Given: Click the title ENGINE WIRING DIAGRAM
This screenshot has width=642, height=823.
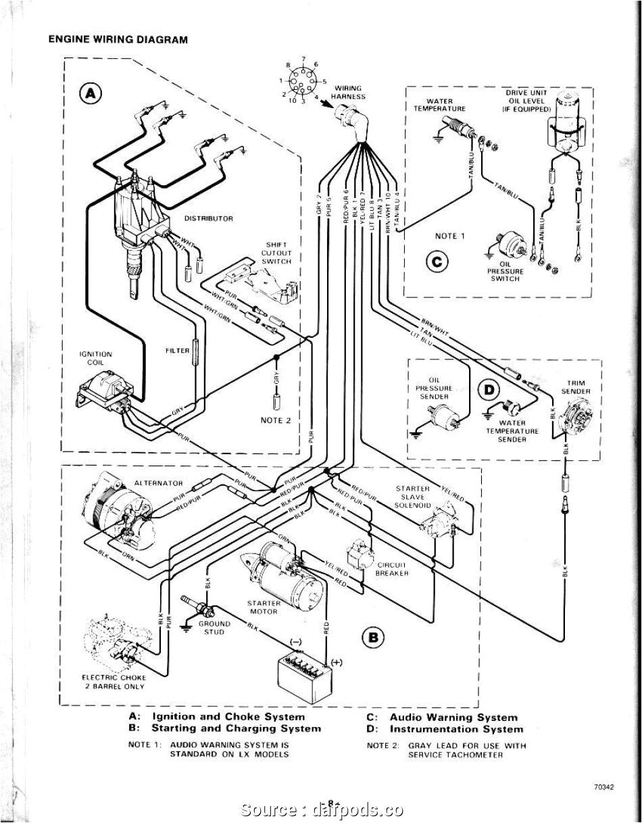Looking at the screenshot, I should (118, 40).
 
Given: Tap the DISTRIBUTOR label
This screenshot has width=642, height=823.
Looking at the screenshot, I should (208, 218).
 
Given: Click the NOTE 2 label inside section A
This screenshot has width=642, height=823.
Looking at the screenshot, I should (275, 420).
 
